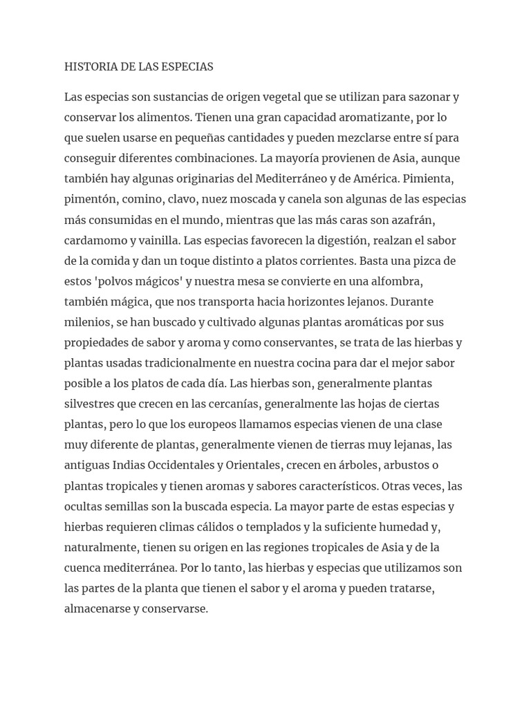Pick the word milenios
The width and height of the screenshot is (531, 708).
86,322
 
